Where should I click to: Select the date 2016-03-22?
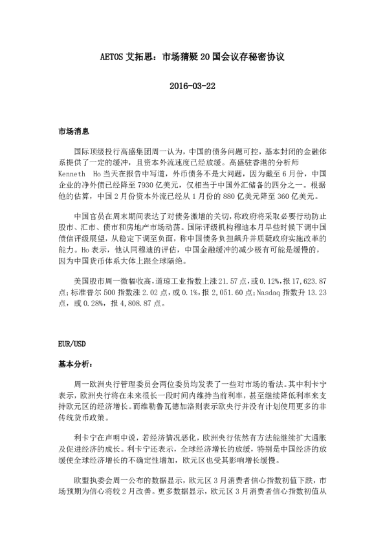tap(192, 85)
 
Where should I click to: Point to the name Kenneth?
tap(71, 174)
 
